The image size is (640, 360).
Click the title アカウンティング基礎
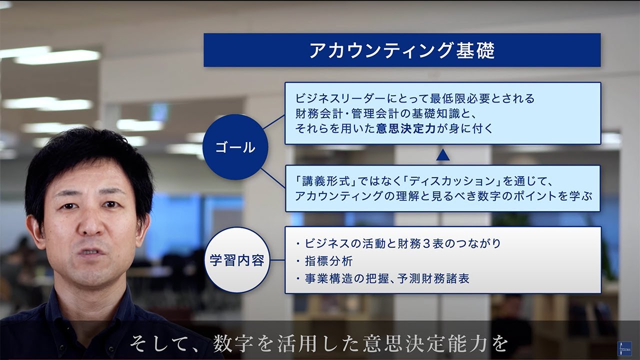pyautogui.click(x=401, y=50)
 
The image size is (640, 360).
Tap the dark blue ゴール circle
pyautogui.click(x=235, y=147)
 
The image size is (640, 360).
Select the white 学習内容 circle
pyautogui.click(x=237, y=260)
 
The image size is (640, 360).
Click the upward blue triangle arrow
pyautogui.click(x=442, y=155)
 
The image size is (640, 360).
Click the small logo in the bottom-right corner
pyautogui.click(x=624, y=348)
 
